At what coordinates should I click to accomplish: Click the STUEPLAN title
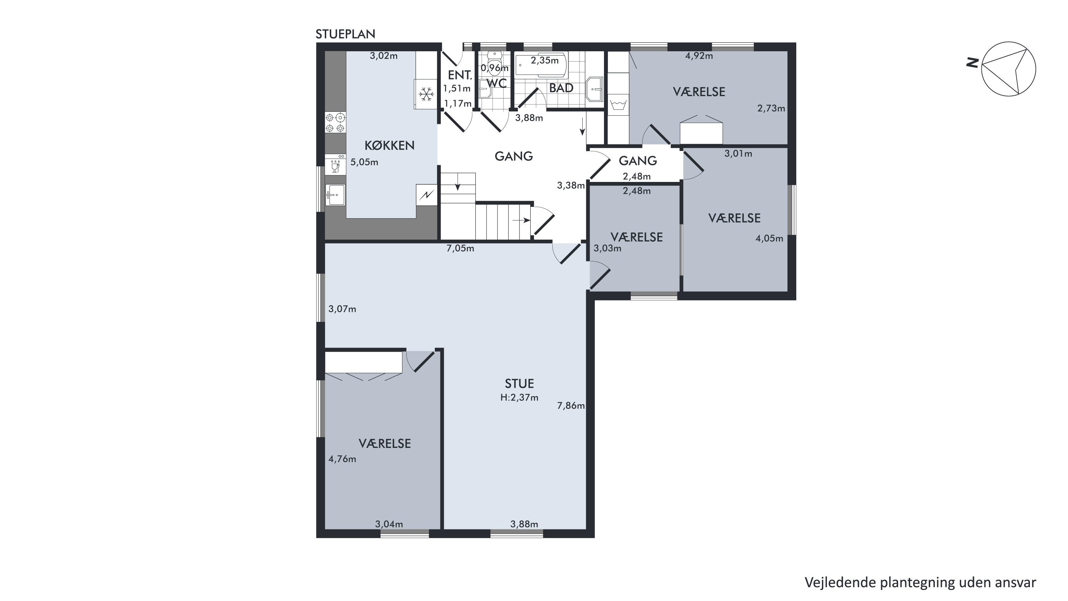coord(345,34)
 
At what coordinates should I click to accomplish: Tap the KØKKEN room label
coord(389,146)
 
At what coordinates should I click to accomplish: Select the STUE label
coord(519,383)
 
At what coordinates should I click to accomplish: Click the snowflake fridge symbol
coord(426,94)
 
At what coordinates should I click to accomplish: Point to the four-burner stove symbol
coord(335,123)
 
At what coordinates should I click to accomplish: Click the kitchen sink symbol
coord(335,195)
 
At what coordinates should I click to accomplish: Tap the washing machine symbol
coord(618,104)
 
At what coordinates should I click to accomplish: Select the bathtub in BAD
coord(541,65)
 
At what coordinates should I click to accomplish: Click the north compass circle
coord(1008,69)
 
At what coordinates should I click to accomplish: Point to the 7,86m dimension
coord(571,406)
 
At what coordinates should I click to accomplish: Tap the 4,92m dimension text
coord(699,56)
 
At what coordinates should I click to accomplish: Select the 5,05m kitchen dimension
coord(364,162)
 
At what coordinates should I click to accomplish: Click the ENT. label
coord(460,75)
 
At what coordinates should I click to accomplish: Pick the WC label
coord(496,83)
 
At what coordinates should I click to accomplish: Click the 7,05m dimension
coord(460,248)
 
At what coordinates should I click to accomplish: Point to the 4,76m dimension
coord(342,459)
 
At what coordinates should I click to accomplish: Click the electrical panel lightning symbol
coord(427,194)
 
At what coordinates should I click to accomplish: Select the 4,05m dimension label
coord(769,238)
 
